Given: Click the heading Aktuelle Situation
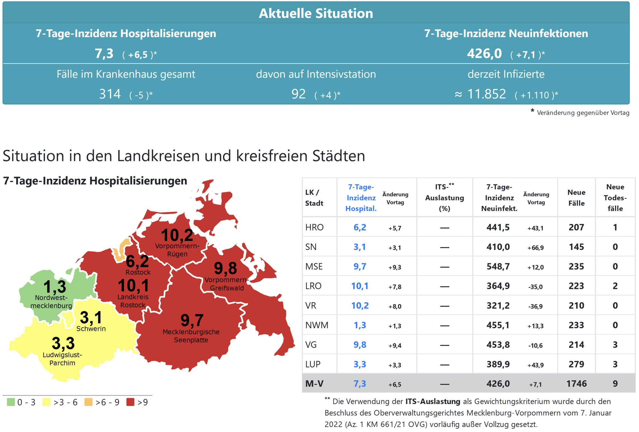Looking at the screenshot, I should [316, 13].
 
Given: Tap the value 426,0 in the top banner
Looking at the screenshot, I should [484, 54].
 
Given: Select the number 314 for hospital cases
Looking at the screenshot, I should [110, 94].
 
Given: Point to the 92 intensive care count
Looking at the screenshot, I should [298, 94].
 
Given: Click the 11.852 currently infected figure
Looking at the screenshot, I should [487, 94].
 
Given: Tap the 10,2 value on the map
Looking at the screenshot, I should [177, 235].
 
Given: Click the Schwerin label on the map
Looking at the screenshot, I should [91, 329].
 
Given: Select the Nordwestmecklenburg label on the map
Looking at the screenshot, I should [51, 302].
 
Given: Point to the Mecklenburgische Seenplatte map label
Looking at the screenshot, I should [191, 336].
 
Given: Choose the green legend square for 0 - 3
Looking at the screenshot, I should [11, 402].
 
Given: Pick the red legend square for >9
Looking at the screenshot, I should [130, 402].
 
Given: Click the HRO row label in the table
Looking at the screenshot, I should [314, 227].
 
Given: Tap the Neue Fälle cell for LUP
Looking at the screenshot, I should [576, 364].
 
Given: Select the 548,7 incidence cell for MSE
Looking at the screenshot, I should [498, 267].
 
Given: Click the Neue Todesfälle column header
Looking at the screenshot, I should [615, 198].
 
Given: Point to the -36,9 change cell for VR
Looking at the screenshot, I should [535, 307].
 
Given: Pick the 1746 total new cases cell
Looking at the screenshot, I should [576, 384].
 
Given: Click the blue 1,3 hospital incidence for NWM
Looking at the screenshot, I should [360, 325].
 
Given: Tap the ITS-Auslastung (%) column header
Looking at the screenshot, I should [444, 198].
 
